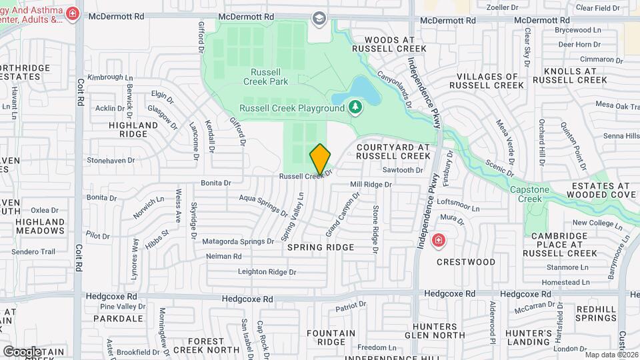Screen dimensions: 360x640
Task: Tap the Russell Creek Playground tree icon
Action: coord(355,107)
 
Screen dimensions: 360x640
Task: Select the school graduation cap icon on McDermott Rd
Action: coord(319,18)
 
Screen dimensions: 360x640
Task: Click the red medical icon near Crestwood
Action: coord(439,240)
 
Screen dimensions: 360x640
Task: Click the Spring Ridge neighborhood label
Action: coord(320,247)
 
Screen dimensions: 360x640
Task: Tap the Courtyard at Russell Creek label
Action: coord(393,151)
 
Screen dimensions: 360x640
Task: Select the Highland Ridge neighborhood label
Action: coord(133,129)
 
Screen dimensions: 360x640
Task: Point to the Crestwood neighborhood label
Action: coord(467,262)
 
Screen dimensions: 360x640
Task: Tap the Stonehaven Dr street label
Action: coord(111,161)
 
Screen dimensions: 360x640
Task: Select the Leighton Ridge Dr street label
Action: coord(267,272)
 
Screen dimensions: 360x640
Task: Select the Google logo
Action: coord(21,351)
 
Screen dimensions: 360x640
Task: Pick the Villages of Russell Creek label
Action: coord(486,81)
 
